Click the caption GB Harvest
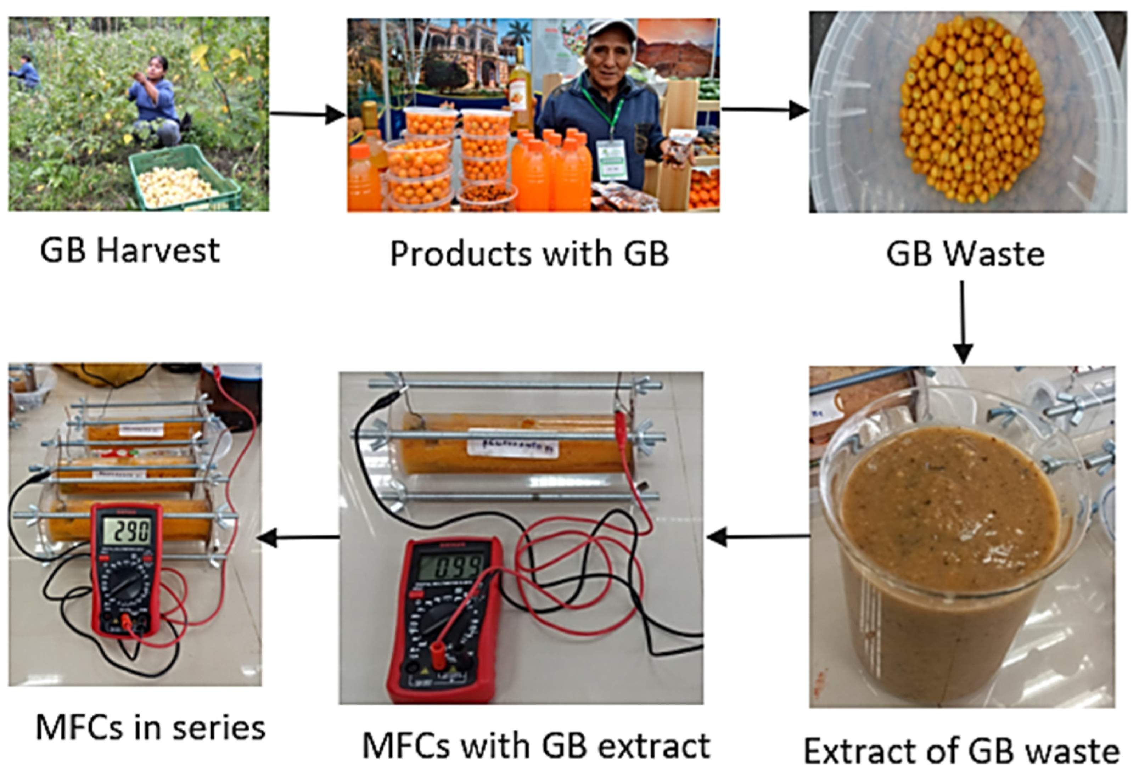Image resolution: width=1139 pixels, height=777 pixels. point(130,251)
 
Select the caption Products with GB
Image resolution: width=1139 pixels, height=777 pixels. point(529,254)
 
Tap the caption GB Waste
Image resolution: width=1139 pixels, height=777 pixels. point(965,254)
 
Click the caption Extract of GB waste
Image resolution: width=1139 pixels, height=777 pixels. point(961,751)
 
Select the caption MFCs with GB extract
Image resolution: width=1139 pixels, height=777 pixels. point(536,746)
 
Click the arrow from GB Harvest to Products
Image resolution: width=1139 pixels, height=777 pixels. point(308,115)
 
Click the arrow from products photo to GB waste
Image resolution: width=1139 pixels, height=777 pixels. point(764,110)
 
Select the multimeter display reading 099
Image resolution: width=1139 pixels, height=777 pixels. point(453,568)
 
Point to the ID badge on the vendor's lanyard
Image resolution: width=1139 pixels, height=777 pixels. point(612,159)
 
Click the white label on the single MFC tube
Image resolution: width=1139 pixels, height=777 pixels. point(512,443)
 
